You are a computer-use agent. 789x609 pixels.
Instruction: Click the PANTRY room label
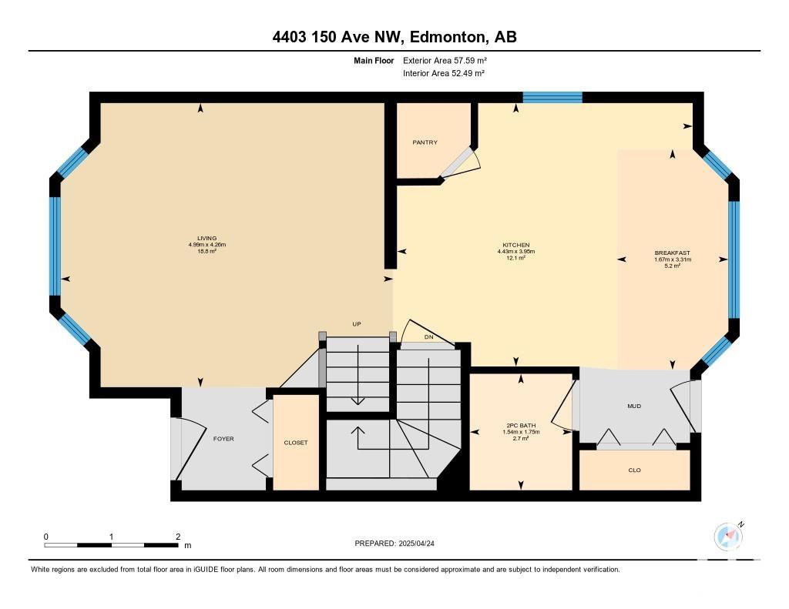(425, 142)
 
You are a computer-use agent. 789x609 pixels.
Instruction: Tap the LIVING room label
(206, 239)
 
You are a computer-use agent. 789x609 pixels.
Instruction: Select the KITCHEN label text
(515, 245)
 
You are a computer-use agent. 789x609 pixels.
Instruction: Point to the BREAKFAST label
(672, 253)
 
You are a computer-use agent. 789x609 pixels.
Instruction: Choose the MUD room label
(634, 406)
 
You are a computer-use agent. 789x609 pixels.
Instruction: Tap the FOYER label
(223, 439)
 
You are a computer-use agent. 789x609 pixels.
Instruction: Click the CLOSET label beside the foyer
(296, 443)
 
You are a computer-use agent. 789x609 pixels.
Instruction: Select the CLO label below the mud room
(635, 470)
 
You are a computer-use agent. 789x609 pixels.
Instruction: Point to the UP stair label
(357, 324)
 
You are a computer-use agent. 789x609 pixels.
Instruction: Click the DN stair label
(428, 337)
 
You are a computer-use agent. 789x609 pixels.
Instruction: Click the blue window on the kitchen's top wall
(552, 97)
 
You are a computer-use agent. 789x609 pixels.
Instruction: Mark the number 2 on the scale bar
(178, 537)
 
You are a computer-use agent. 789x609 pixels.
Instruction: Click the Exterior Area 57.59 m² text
(445, 60)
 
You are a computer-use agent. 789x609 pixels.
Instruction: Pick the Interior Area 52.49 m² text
(444, 73)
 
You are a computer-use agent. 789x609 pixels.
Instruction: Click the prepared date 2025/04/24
(416, 543)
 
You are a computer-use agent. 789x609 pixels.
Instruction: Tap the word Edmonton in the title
(448, 37)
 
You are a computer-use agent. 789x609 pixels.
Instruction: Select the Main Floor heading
(374, 60)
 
